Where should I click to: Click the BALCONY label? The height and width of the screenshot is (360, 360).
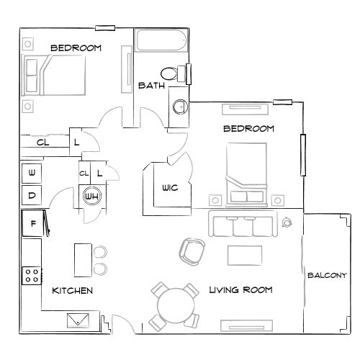[327, 275]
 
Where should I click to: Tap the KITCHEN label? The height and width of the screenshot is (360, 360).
[72, 291]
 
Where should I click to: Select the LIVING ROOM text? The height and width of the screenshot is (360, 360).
[240, 290]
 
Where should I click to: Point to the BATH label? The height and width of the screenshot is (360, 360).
[151, 85]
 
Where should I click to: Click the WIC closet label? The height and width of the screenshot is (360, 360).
[170, 187]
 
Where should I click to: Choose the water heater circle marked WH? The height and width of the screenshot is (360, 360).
[91, 196]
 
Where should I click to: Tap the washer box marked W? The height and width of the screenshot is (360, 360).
[32, 172]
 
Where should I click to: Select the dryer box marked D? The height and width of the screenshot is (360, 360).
[32, 194]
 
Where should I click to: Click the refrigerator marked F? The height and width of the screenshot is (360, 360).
[32, 222]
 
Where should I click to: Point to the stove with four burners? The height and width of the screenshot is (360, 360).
[32, 274]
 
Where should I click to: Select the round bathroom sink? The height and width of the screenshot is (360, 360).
[179, 107]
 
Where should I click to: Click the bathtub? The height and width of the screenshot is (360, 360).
[161, 42]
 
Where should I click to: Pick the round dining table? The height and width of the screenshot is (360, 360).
[174, 306]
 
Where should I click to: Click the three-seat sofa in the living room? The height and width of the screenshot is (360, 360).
[243, 226]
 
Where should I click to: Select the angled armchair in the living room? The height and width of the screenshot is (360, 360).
[191, 251]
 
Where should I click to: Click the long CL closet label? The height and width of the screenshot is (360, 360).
[42, 143]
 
